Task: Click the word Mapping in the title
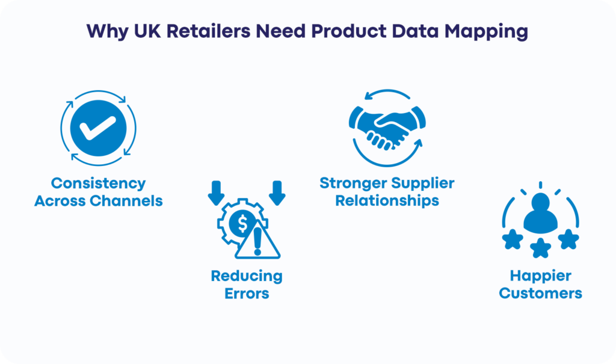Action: tap(486, 32)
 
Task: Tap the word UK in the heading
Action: tap(147, 31)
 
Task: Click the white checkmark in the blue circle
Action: tap(97, 128)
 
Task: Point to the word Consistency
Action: tap(98, 183)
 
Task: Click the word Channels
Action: tap(126, 201)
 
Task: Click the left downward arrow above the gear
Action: tap(216, 193)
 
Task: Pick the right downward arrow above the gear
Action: tap(277, 193)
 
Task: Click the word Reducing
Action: tap(247, 276)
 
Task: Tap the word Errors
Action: tap(247, 294)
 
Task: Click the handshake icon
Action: tap(387, 128)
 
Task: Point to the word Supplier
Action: tap(423, 183)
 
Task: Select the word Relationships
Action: tap(387, 201)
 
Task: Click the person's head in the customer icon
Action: tap(541, 202)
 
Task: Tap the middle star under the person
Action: tap(541, 248)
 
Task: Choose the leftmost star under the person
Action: tap(513, 239)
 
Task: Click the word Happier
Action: tap(541, 276)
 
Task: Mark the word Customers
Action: tap(541, 294)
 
